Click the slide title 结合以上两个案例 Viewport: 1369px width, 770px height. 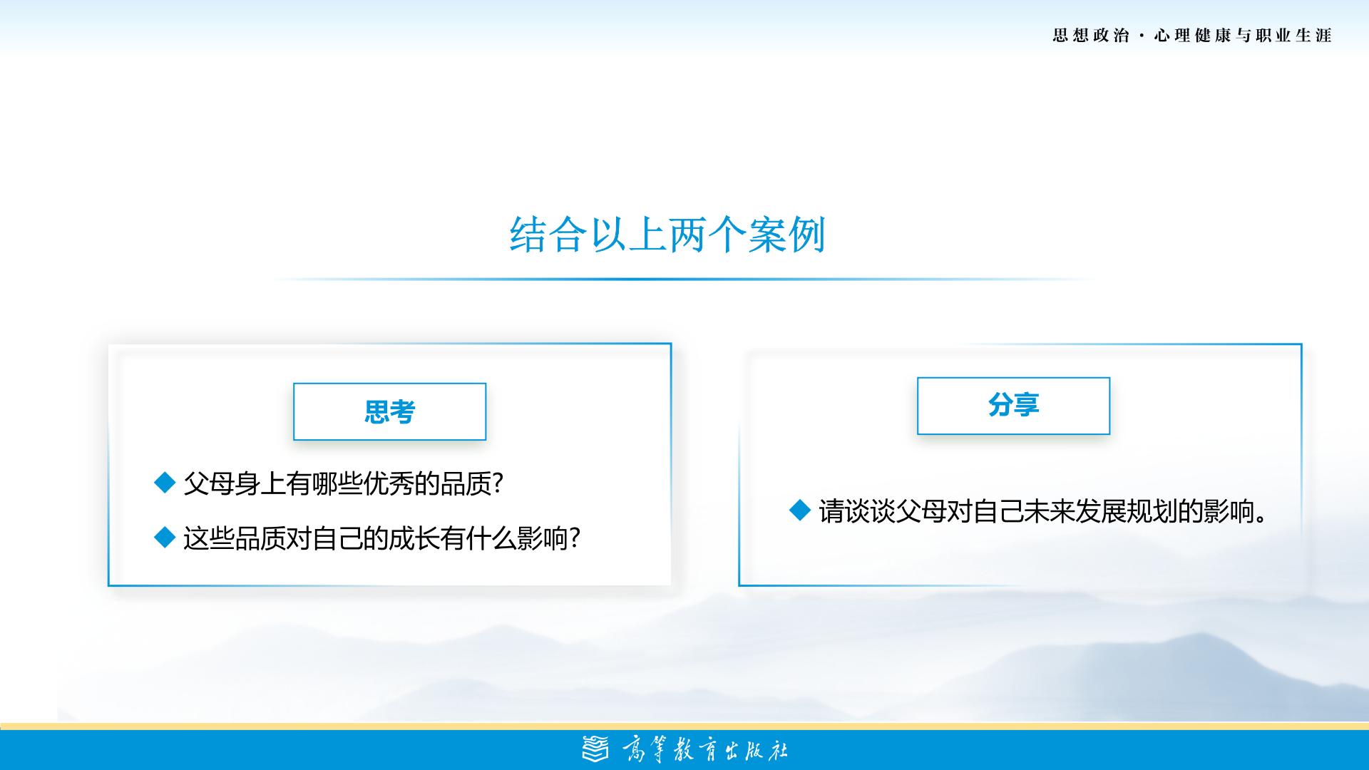[667, 235]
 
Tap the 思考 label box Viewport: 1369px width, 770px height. [389, 411]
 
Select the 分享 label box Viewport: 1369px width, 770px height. [1013, 406]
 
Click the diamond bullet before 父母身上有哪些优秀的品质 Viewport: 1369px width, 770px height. [165, 483]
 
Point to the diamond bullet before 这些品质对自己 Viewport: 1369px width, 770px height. [165, 538]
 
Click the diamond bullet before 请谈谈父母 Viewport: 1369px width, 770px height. [801, 510]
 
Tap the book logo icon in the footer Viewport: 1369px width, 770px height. [596, 749]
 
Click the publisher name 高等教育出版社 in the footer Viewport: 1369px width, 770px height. [704, 750]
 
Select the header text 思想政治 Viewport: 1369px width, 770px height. [1091, 36]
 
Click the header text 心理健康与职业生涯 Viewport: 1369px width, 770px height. [1243, 36]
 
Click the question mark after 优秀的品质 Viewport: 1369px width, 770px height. [498, 484]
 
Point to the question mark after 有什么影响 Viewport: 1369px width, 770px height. [575, 538]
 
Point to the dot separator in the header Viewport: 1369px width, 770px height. [1142, 36]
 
